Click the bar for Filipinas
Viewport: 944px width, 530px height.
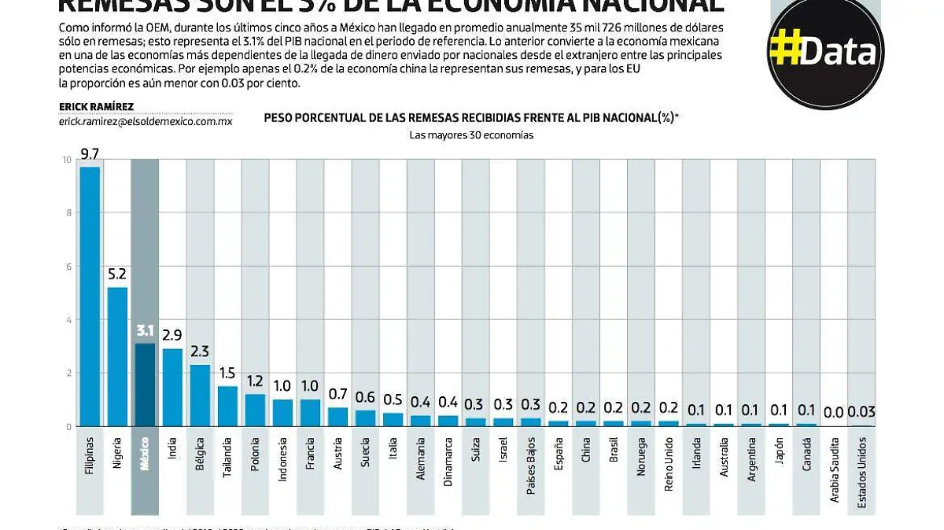(90, 296)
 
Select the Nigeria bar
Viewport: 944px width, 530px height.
(117, 356)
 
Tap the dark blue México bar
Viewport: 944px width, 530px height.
(145, 385)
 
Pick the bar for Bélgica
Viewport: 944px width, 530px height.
(200, 396)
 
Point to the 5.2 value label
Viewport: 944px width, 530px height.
(117, 274)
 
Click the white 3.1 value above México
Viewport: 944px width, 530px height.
(145, 330)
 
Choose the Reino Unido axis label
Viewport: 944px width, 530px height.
(669, 470)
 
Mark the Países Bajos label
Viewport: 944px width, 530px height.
(531, 470)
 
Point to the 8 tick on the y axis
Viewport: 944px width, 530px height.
(68, 213)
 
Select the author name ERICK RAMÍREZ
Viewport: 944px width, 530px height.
(96, 107)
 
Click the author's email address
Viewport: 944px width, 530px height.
(146, 121)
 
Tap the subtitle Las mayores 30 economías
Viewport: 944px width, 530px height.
(471, 134)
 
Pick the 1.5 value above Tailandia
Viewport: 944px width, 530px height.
(227, 373)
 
